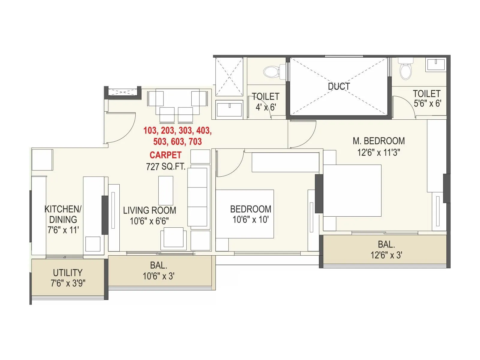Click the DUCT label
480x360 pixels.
[x=339, y=86]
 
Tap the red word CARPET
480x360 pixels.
[x=165, y=155]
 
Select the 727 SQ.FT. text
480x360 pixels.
[x=166, y=166]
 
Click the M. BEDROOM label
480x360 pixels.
[x=379, y=141]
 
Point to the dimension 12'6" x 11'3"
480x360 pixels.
[x=379, y=152]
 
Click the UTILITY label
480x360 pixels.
[x=67, y=273]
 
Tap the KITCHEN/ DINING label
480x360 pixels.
[x=63, y=214]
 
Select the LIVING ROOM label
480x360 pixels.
[x=149, y=210]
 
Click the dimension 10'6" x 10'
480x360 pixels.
[x=250, y=220]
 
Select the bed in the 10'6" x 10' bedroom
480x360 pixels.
[x=244, y=214]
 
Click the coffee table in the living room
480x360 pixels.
[x=166, y=190]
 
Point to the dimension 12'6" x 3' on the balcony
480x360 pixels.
[x=386, y=255]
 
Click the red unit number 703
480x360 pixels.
[x=195, y=141]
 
